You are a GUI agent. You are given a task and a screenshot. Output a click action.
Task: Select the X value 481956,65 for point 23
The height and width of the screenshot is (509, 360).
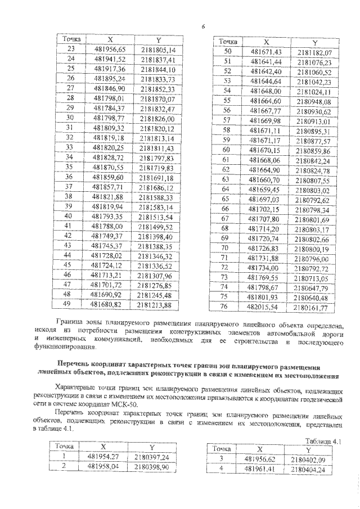coord(110,49)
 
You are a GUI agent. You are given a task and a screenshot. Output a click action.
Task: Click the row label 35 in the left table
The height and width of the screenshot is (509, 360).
coord(71,168)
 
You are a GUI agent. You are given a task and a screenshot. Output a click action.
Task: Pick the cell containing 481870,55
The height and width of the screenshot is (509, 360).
coord(110,168)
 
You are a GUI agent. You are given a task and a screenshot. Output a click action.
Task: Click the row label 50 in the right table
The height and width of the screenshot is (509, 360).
coord(228,52)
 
